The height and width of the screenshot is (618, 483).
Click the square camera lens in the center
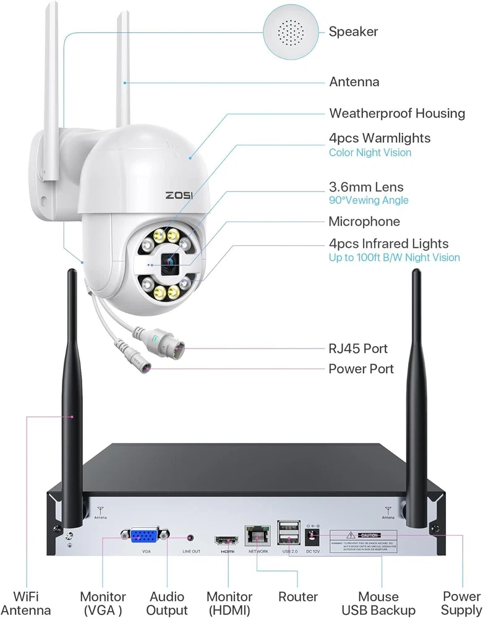click(x=169, y=264)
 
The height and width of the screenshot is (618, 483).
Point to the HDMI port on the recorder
click(x=224, y=539)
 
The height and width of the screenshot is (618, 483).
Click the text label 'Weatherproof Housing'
click(x=396, y=113)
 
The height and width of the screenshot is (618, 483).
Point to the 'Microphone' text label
click(x=364, y=221)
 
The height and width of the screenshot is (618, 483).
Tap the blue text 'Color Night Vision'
click(x=370, y=152)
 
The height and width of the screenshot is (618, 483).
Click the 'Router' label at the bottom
click(x=297, y=597)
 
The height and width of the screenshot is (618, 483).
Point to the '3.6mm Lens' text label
click(x=366, y=187)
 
